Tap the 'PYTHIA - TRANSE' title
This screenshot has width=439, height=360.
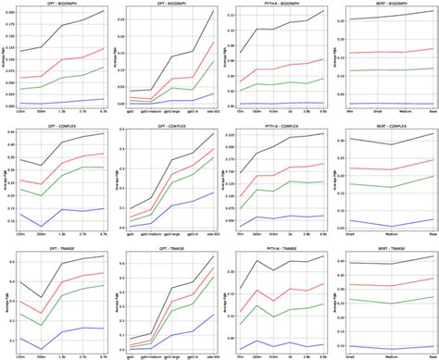(x=275, y=243)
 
